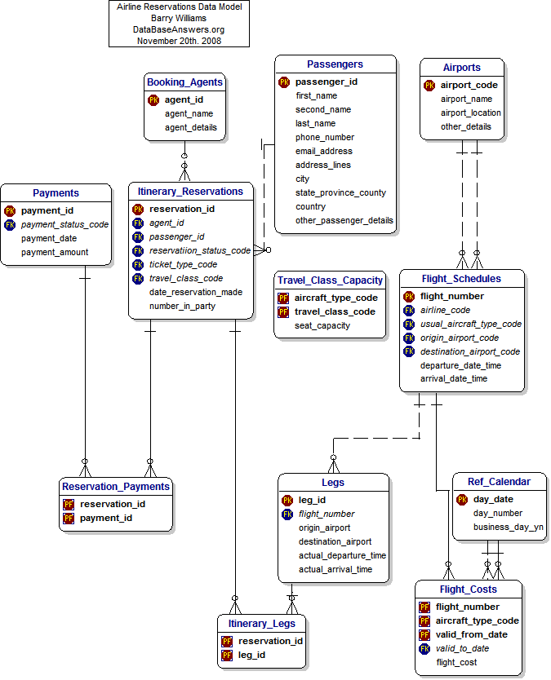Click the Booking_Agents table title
184,82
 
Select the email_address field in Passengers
324,152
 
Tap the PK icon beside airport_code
429,86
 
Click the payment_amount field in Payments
55,253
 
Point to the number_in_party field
183,307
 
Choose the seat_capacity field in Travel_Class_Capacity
322,326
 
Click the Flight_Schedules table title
461,279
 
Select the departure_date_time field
460,366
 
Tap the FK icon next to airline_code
409,311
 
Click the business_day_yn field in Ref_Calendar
509,528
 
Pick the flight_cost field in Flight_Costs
456,663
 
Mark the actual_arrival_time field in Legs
335,570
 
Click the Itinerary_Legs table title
262,624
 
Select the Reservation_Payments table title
116,487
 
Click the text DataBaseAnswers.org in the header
179,29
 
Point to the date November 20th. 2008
179,41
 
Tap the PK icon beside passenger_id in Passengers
284,82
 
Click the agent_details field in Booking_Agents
191,128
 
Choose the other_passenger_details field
344,221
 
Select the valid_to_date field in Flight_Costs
462,649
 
